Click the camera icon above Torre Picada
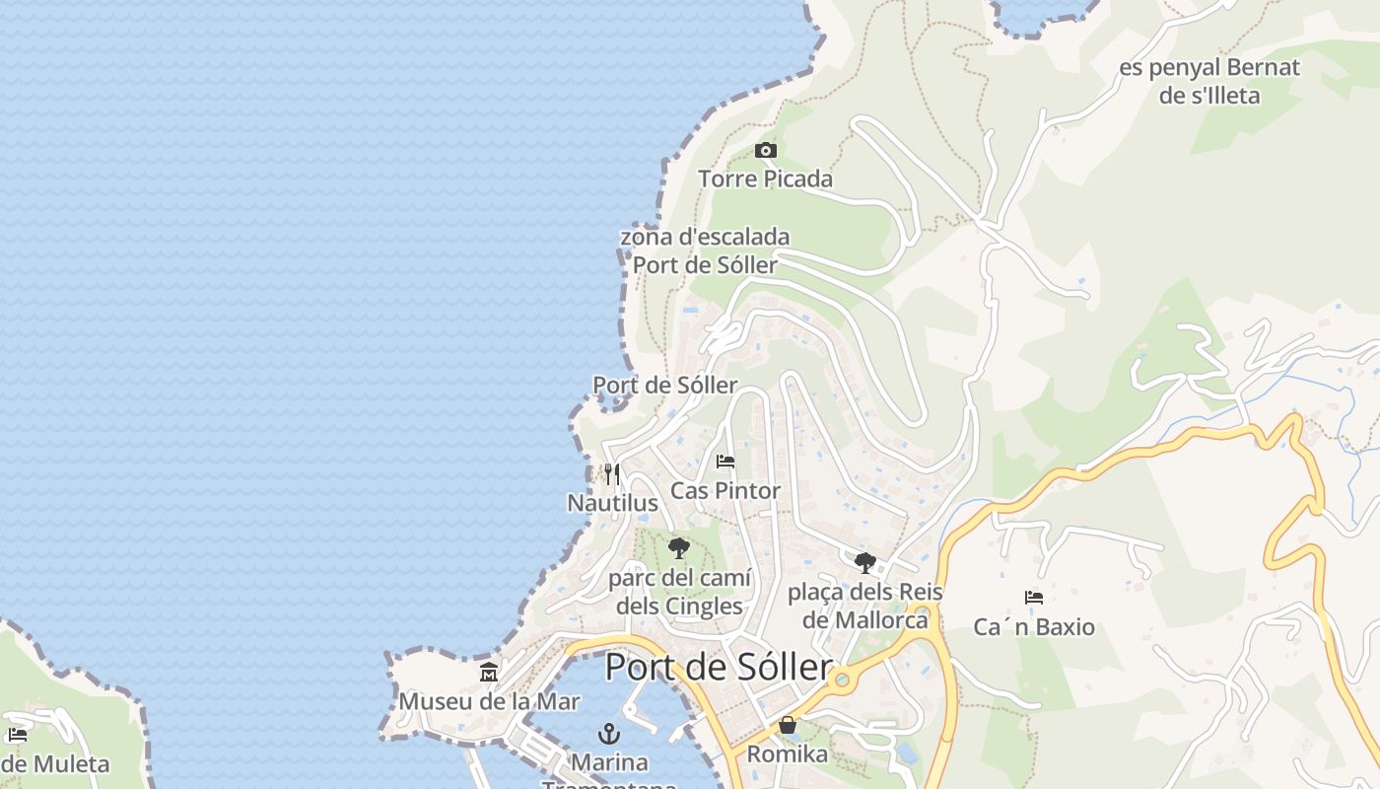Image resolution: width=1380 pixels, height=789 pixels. tap(765, 151)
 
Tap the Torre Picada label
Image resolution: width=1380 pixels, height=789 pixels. tap(765, 179)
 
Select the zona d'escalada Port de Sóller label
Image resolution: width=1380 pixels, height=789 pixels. tap(704, 251)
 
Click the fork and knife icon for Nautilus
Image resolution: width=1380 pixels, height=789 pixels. tap(612, 474)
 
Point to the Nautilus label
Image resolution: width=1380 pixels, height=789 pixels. tap(612, 503)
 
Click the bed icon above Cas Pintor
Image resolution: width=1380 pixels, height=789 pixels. tap(725, 462)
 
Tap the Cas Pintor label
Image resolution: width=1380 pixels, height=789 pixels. tap(725, 490)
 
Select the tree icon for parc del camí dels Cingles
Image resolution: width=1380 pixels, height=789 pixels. tap(678, 548)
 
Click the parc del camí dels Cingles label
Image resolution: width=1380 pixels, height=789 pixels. tap(679, 592)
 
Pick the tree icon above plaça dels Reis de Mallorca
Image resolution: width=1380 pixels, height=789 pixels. tap(865, 563)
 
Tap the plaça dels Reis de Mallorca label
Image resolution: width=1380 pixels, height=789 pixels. tap(865, 606)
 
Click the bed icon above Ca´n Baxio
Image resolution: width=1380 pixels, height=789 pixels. tap(1033, 598)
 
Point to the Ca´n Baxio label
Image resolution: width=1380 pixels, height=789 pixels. tap(1033, 627)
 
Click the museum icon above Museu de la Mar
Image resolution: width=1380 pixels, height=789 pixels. tap(489, 673)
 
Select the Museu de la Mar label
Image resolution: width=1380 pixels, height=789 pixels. tap(489, 701)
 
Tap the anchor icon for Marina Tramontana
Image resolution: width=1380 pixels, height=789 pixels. tap(609, 734)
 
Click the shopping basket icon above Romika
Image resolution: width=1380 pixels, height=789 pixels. tap(788, 725)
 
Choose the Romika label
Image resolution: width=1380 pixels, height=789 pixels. tap(788, 754)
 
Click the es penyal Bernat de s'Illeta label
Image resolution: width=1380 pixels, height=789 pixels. tap(1208, 82)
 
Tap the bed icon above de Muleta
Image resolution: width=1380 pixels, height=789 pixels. tap(17, 735)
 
